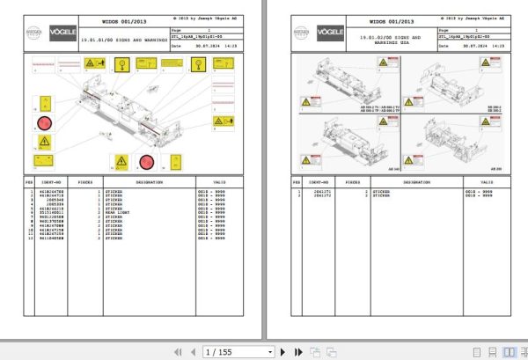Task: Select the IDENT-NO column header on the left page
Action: click(x=50, y=183)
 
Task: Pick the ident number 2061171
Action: click(x=321, y=191)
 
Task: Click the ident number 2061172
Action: click(x=321, y=195)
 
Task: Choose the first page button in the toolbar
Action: click(x=175, y=351)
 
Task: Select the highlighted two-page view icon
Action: click(x=509, y=351)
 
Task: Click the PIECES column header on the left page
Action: click(x=84, y=183)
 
